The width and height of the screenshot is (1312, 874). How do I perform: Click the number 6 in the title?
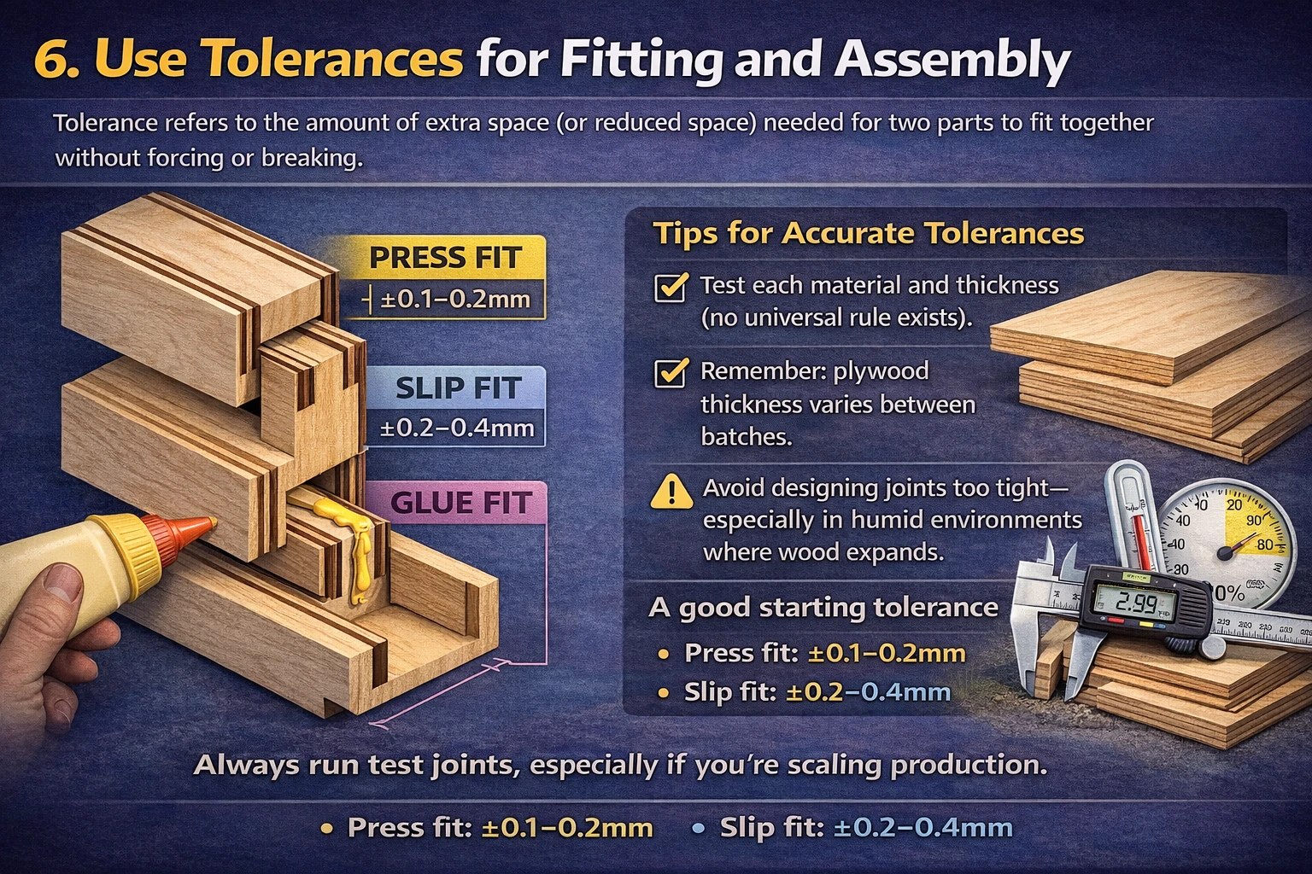(53, 60)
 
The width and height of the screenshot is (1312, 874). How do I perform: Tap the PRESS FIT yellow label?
(444, 257)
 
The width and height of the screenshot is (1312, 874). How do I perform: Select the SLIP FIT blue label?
(458, 388)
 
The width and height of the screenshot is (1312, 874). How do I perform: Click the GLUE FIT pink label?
(461, 503)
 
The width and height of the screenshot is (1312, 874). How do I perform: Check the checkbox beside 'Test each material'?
(671, 287)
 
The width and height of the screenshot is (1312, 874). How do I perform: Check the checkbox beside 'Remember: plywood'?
(671, 373)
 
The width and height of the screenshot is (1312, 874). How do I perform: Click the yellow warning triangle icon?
(671, 492)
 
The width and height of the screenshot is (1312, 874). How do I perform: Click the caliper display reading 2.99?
(1135, 603)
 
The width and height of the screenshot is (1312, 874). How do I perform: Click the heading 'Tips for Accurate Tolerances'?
(868, 233)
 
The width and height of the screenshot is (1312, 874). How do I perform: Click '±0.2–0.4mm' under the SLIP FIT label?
(457, 428)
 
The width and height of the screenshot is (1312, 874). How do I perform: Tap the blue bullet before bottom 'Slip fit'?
(698, 828)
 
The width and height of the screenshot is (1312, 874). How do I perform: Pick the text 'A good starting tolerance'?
(823, 607)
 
